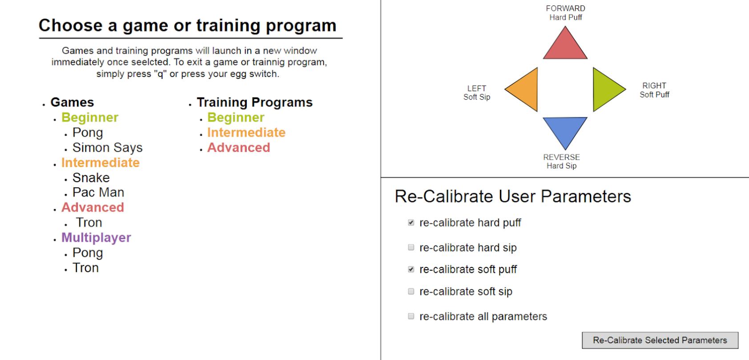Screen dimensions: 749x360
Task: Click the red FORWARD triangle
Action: coord(565,47)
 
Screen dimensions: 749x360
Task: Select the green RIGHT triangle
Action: coord(605,89)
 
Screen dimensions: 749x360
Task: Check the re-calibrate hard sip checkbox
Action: coord(411,247)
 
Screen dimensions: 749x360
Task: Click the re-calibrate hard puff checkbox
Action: coord(411,222)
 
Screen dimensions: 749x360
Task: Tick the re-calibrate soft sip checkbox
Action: coord(411,291)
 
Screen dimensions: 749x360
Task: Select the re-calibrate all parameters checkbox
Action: coord(411,316)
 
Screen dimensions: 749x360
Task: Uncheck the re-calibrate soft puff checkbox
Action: coord(411,269)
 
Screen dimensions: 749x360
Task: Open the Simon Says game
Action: coord(107,148)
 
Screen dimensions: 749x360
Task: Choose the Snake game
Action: coord(91,178)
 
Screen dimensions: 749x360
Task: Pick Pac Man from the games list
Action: coord(98,192)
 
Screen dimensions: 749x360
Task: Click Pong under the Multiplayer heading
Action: coord(88,253)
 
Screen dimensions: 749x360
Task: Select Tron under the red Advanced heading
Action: coord(89,222)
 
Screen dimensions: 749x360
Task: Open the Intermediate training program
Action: coord(246,133)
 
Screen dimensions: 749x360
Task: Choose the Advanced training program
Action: coord(239,148)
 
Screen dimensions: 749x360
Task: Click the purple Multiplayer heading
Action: coord(97,238)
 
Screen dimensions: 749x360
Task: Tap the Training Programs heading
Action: coord(255,102)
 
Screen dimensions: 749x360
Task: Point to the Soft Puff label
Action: coord(654,95)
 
